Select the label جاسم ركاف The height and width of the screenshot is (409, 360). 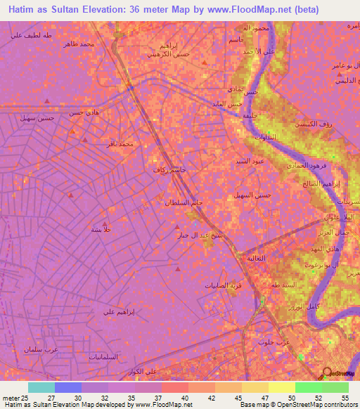[170, 170]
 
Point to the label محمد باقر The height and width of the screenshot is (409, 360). [116, 143]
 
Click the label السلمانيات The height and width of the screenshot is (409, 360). [84, 357]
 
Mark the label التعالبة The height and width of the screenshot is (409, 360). [256, 259]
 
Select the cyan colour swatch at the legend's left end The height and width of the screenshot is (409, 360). [41, 387]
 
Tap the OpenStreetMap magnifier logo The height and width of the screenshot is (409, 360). [326, 372]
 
